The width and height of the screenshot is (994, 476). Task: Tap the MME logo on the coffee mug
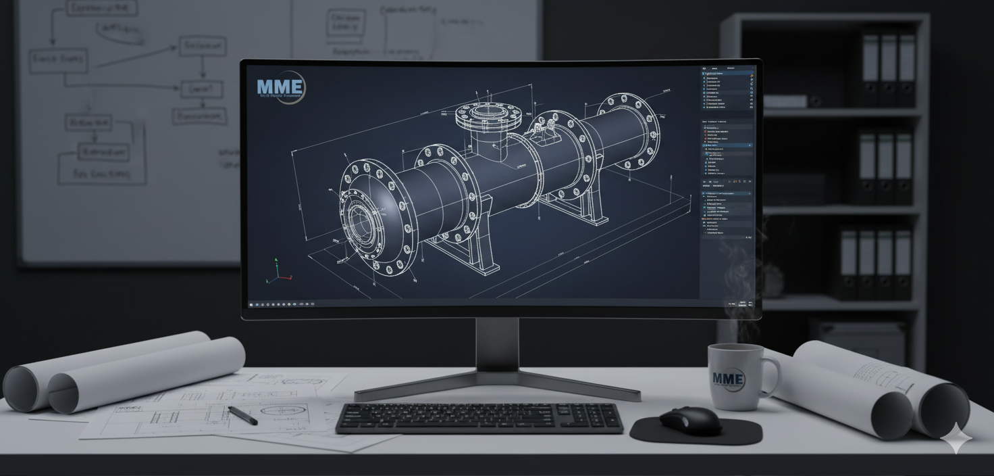(x=727, y=379)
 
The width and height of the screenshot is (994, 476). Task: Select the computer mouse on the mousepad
(x=689, y=420)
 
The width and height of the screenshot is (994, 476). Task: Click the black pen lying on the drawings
(x=242, y=415)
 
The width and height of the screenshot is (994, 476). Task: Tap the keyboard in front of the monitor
(x=479, y=417)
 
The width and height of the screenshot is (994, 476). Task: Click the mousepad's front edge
(x=696, y=442)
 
